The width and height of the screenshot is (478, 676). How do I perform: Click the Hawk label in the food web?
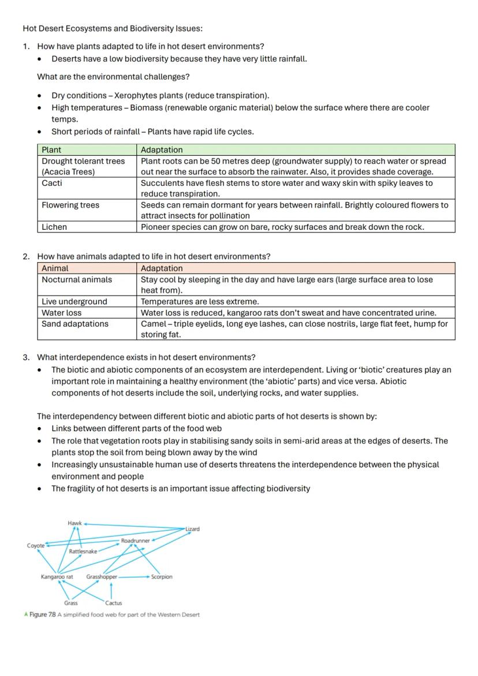pos(74,523)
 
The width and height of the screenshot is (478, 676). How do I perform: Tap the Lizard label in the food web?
pos(193,529)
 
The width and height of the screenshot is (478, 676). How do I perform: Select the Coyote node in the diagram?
pos(35,546)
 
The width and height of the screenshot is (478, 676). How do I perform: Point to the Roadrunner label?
pos(135,541)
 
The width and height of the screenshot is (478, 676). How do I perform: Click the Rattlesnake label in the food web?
pos(83,551)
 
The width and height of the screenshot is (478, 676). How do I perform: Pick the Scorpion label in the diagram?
pos(162,577)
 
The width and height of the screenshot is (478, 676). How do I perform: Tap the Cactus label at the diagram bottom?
pos(113,603)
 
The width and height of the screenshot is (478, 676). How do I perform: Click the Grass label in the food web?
pos(70,603)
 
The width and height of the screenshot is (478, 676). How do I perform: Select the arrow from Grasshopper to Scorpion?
pos(134,577)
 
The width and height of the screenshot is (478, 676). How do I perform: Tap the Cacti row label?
pos(52,183)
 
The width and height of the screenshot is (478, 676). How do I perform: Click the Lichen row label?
pos(54,227)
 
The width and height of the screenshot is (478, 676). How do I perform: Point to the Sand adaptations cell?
pos(75,324)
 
